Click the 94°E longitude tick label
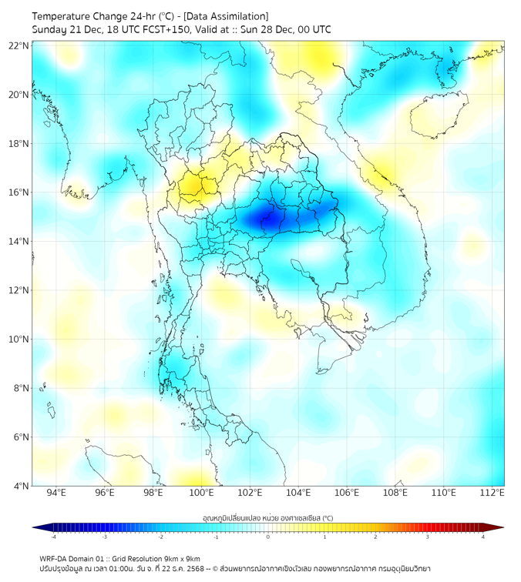coord(56,493)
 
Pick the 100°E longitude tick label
coord(201,493)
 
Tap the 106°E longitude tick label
coord(347,493)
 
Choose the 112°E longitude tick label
coord(492,493)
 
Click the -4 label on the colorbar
coord(53,537)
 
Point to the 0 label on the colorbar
coord(268,537)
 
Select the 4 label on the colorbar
coord(482,537)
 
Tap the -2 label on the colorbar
coord(160,537)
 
